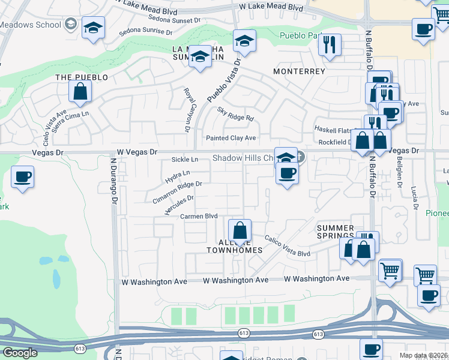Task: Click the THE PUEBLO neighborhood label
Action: [x=82, y=77]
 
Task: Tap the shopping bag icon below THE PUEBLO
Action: [x=80, y=92]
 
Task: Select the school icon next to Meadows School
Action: [x=93, y=28]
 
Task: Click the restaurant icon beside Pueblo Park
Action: [x=330, y=45]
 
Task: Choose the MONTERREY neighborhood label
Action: [x=299, y=71]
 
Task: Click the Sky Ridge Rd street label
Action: [x=235, y=113]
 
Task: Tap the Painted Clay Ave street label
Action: [x=231, y=138]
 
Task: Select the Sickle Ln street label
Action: [x=184, y=160]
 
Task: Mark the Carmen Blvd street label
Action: [x=194, y=216]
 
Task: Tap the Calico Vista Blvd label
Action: [x=288, y=247]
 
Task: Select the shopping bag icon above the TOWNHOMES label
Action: [x=240, y=231]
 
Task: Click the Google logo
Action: [x=20, y=353]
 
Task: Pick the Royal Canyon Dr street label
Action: [x=187, y=110]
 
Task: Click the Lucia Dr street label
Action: [x=414, y=198]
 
